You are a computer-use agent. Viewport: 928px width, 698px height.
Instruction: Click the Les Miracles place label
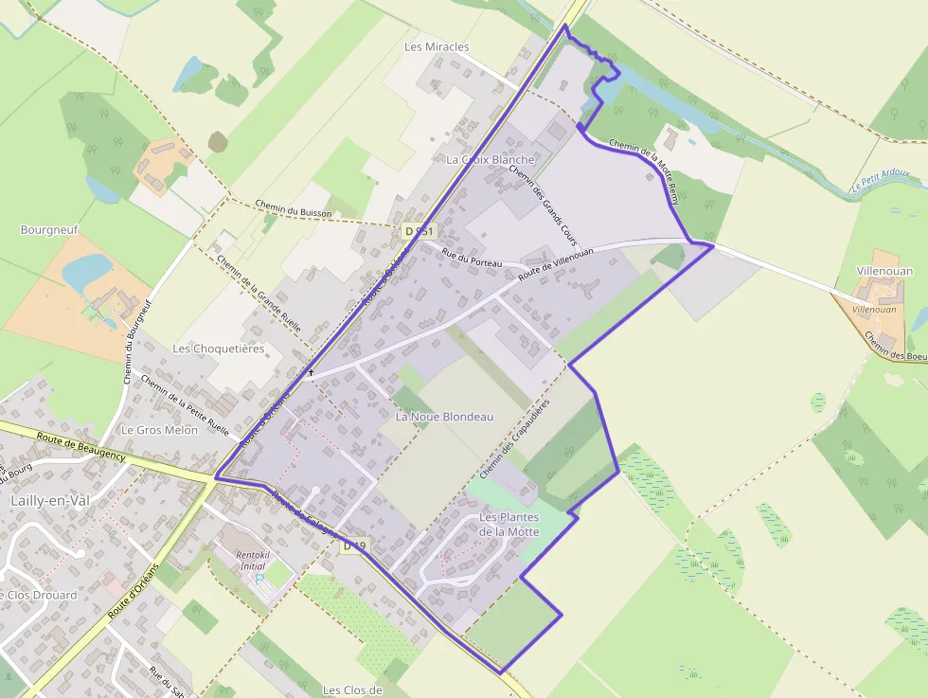click(437, 46)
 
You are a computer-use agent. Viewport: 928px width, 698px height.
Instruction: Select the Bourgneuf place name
click(49, 229)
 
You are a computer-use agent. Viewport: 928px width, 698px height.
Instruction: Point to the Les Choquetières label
click(218, 349)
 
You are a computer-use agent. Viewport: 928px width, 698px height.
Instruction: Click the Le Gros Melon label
click(159, 429)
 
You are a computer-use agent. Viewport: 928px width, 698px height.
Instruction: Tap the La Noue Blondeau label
click(444, 417)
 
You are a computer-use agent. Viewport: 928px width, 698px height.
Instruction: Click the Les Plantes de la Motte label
click(509, 524)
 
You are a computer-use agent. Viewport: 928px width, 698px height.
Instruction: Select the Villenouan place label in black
click(884, 271)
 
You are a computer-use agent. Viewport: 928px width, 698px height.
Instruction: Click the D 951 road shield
click(418, 231)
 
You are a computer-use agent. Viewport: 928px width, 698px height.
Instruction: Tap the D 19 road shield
click(353, 546)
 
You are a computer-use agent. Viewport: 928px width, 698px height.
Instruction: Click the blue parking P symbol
click(259, 578)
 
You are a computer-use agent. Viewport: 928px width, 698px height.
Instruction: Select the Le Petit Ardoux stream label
click(880, 179)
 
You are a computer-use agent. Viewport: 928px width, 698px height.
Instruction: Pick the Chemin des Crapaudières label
click(501, 438)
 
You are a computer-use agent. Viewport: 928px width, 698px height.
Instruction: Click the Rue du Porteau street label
click(470, 256)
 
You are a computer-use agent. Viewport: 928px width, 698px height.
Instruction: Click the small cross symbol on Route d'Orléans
click(311, 373)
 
